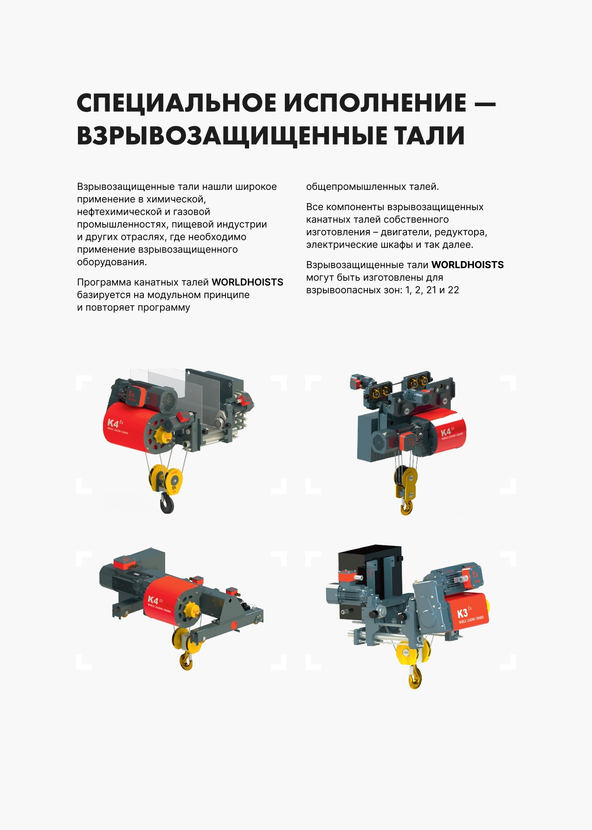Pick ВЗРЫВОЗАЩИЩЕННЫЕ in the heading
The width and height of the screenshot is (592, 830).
click(232, 136)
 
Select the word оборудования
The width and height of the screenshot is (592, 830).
click(112, 262)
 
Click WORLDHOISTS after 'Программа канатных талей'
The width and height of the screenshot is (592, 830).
click(247, 282)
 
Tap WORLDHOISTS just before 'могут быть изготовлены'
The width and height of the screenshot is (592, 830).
click(468, 265)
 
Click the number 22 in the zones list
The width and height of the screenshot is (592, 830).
click(453, 290)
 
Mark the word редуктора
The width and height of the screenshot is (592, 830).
click(461, 232)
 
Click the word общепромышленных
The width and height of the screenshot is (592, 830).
click(356, 187)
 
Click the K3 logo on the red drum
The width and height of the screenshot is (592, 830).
click(462, 613)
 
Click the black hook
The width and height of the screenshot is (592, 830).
click(167, 503)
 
